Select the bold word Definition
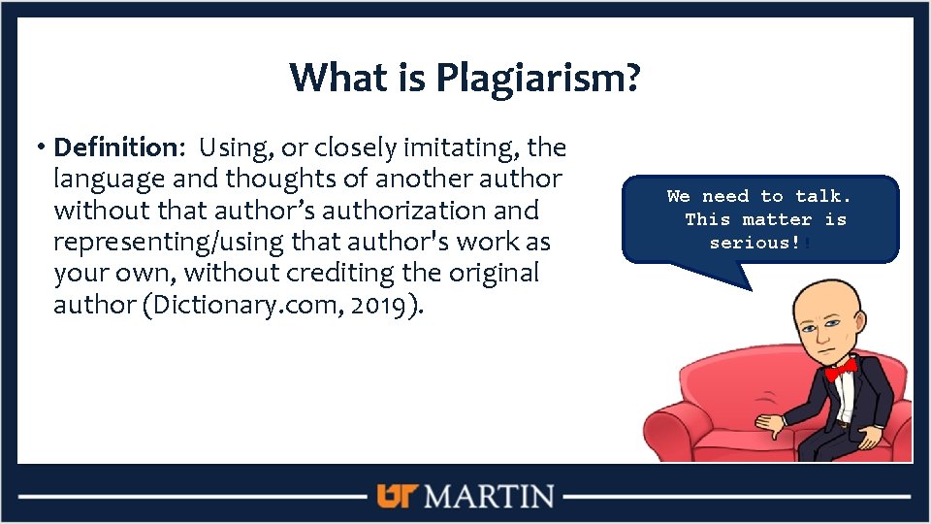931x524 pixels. pyautogui.click(x=112, y=147)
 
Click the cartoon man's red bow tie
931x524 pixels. pyautogui.click(x=840, y=368)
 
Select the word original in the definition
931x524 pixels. pyautogui.click(x=482, y=273)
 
